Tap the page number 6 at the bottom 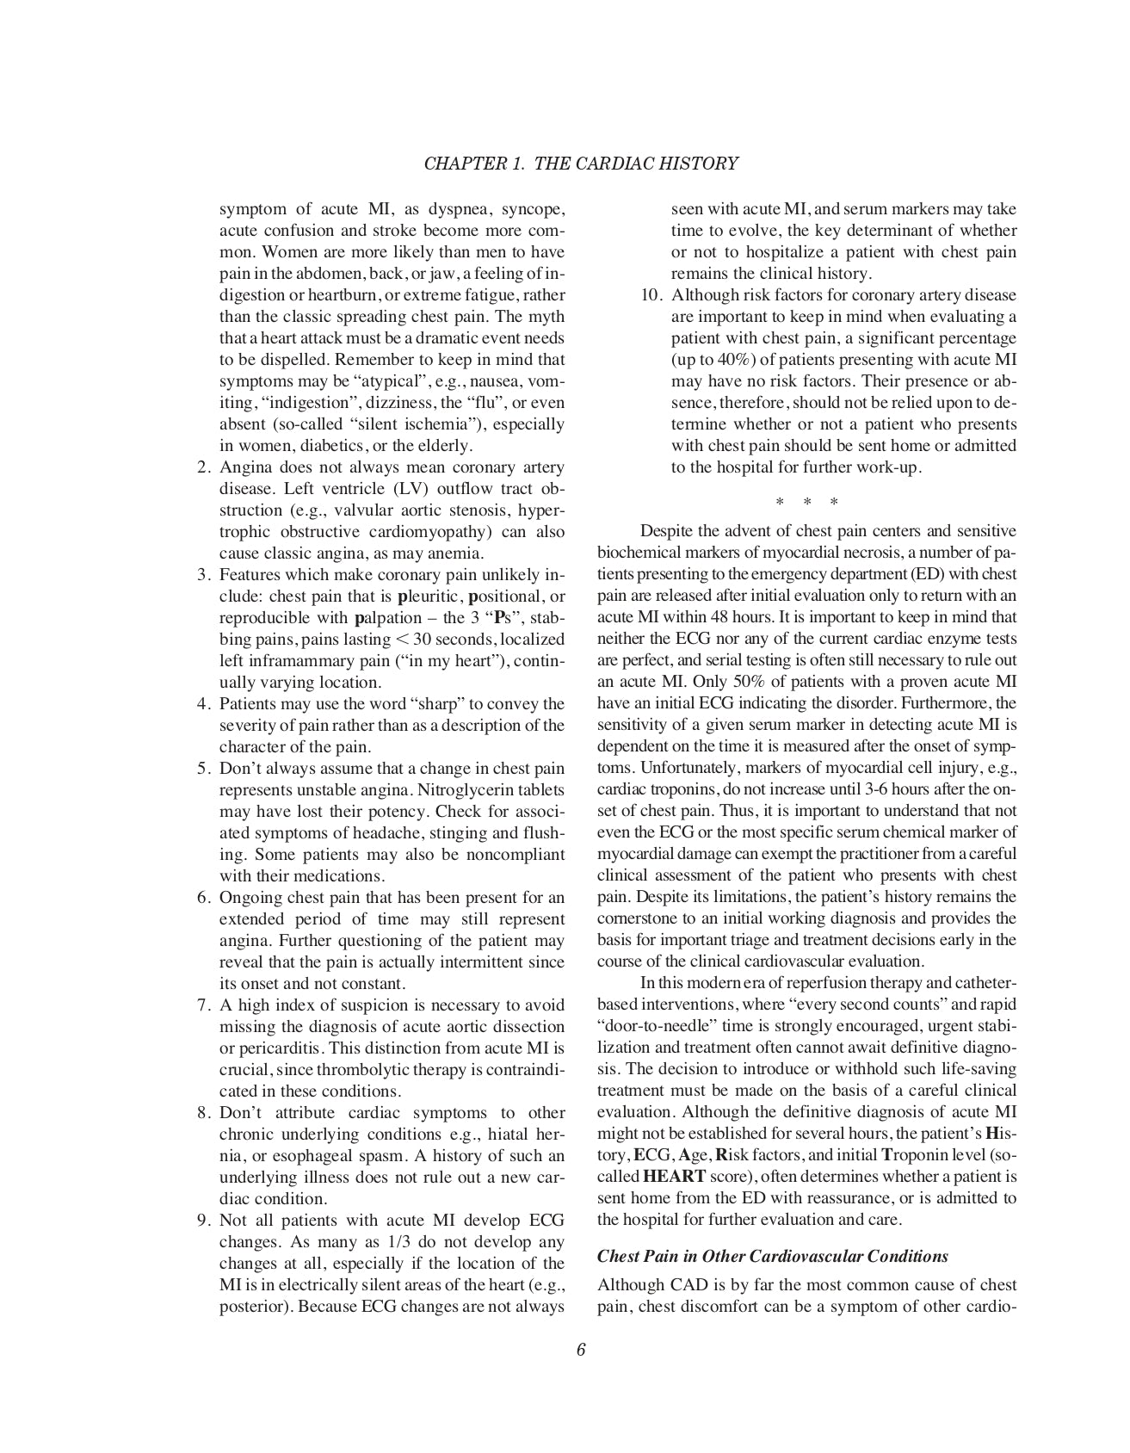point(581,1350)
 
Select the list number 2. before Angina point(204,467)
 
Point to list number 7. point(204,1005)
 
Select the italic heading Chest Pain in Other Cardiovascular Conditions point(772,1256)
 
